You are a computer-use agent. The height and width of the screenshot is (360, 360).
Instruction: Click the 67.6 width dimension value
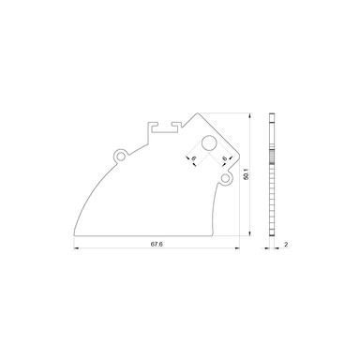tap(157, 244)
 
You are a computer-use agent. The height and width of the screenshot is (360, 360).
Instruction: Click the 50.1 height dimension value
tap(244, 175)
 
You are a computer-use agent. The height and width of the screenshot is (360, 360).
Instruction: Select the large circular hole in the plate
tap(209, 143)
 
